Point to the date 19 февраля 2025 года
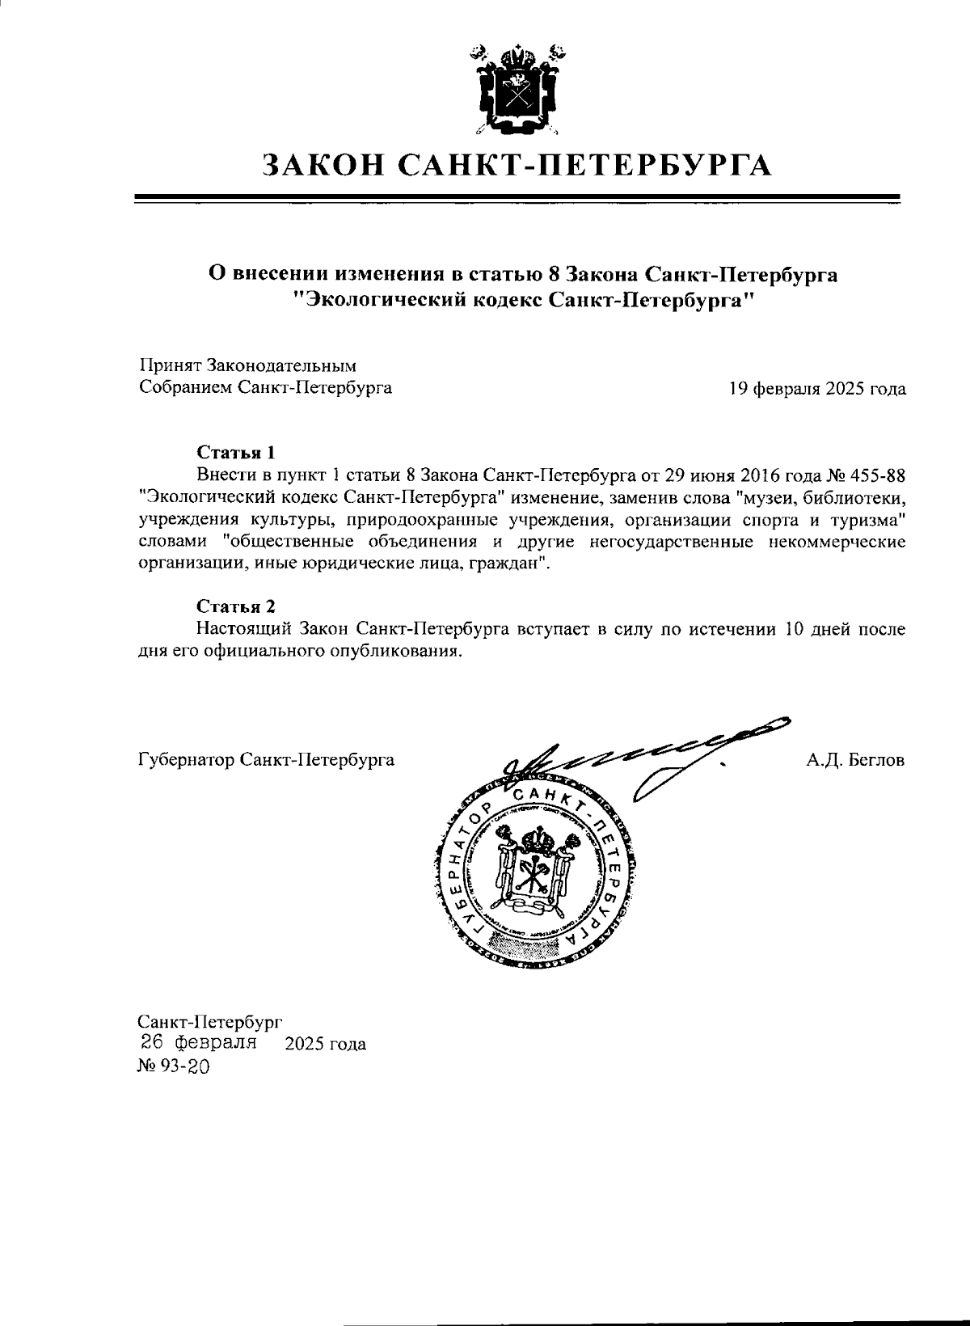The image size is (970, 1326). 816,389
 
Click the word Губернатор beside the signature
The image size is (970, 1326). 177,761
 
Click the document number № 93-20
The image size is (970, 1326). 174,1066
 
